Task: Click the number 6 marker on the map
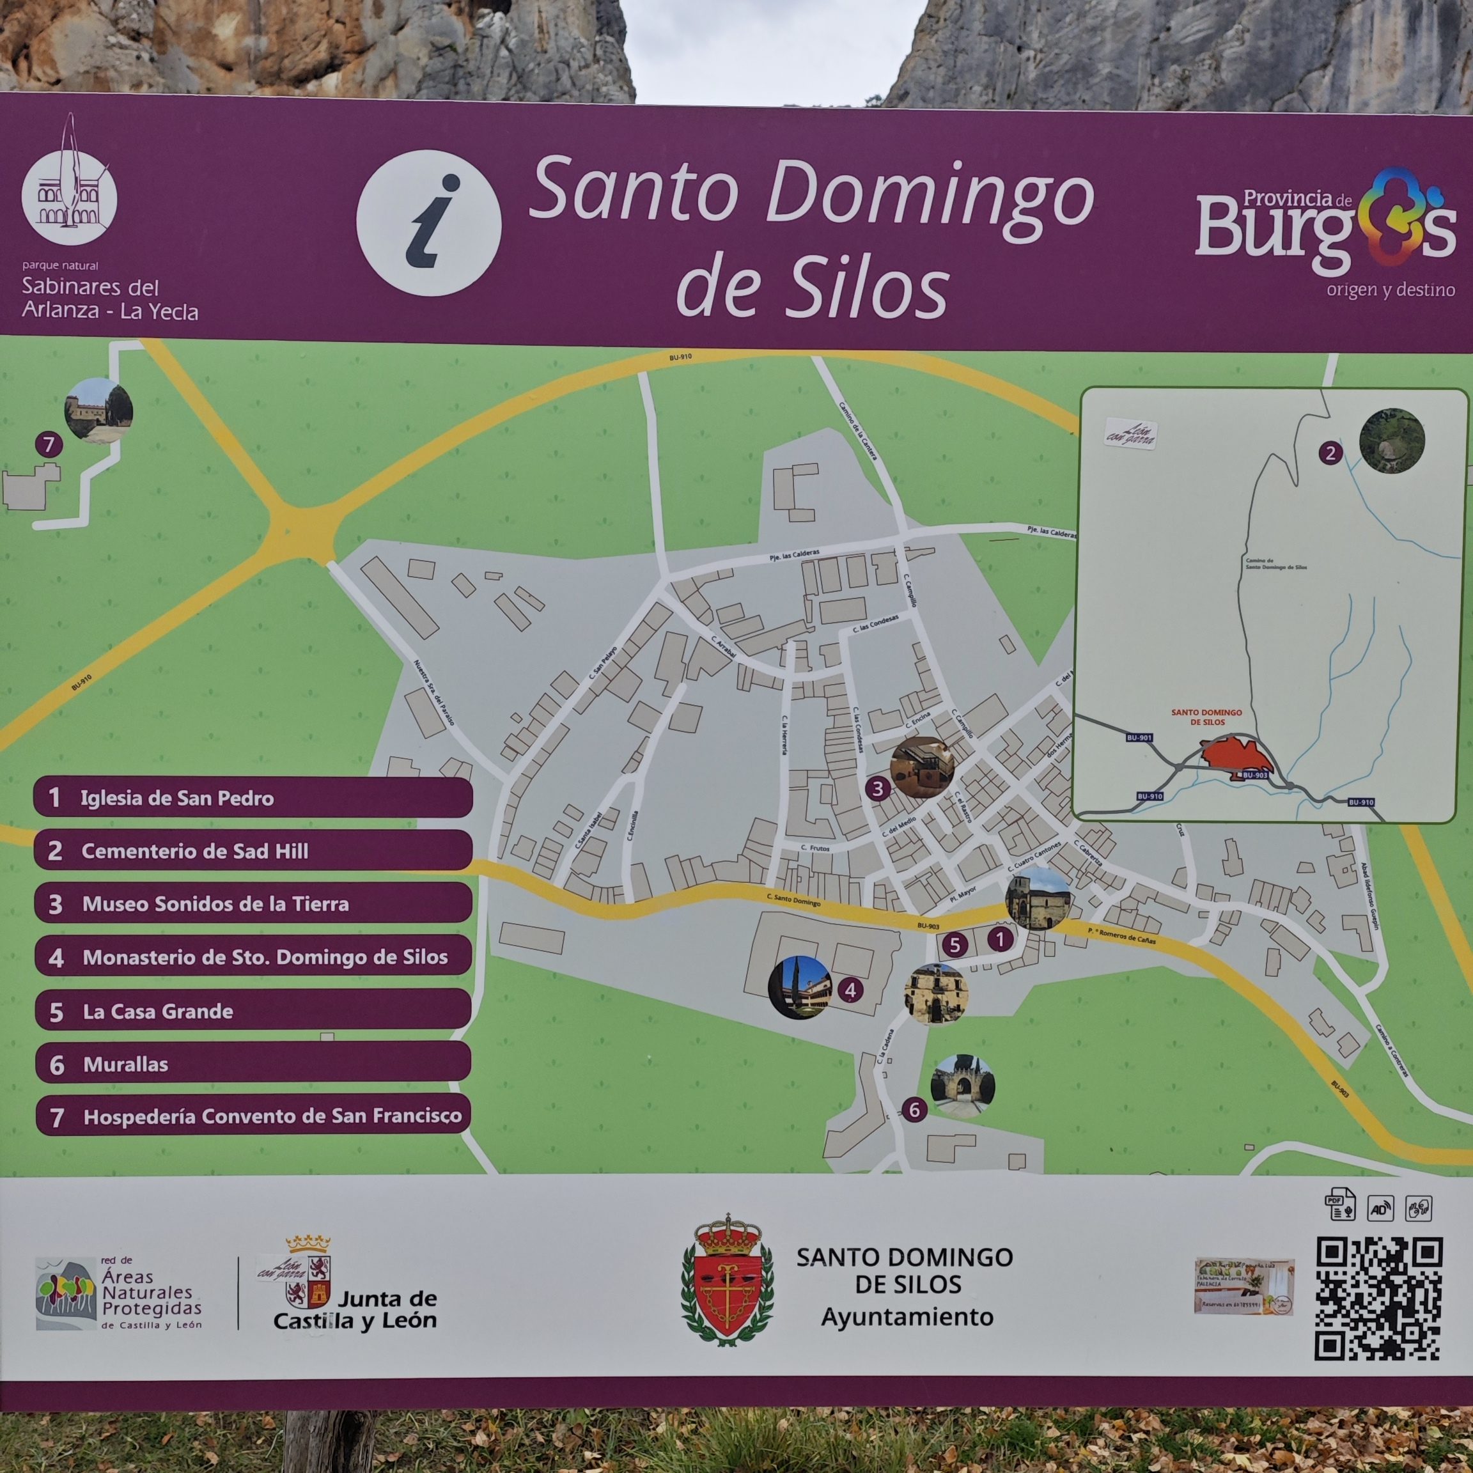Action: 914,1110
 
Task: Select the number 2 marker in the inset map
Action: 1330,453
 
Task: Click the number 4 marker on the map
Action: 850,990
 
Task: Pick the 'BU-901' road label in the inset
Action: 1139,738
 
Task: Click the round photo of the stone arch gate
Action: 962,1086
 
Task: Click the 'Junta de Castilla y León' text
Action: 355,1310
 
